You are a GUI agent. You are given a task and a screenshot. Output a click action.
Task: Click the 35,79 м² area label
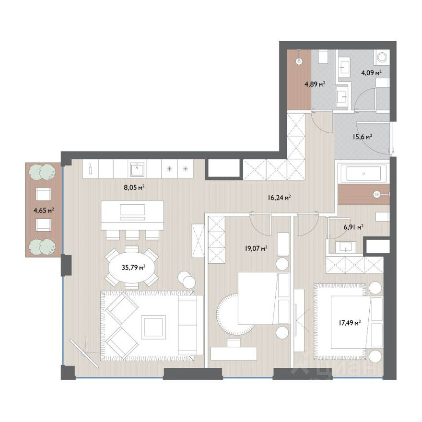(133, 267)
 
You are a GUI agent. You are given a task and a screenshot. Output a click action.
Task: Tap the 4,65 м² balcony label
(44, 210)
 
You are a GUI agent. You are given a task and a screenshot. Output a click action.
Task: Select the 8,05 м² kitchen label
(134, 188)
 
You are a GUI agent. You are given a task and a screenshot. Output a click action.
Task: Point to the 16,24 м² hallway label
(279, 198)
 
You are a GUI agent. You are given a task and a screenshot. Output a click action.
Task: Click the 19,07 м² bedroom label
(256, 248)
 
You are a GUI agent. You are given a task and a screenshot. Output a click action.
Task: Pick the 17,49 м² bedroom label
(350, 323)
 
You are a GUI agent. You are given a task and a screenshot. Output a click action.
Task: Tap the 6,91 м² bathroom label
(353, 227)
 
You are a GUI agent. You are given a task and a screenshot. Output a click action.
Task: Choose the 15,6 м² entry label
(362, 137)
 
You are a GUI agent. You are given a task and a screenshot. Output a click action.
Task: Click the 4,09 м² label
(371, 72)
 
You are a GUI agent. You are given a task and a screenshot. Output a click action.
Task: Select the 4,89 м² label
(315, 84)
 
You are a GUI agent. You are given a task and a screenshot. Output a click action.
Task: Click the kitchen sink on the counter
(137, 170)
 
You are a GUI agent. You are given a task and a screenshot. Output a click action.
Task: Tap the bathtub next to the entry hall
(363, 174)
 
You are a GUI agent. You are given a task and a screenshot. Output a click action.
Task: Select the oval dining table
(131, 267)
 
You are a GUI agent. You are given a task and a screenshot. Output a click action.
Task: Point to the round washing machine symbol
(382, 58)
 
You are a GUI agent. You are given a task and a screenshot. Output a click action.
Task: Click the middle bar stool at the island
(132, 234)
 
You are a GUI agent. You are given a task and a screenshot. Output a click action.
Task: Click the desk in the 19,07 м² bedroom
(234, 353)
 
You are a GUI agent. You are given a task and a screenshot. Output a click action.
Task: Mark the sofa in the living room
(190, 325)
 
